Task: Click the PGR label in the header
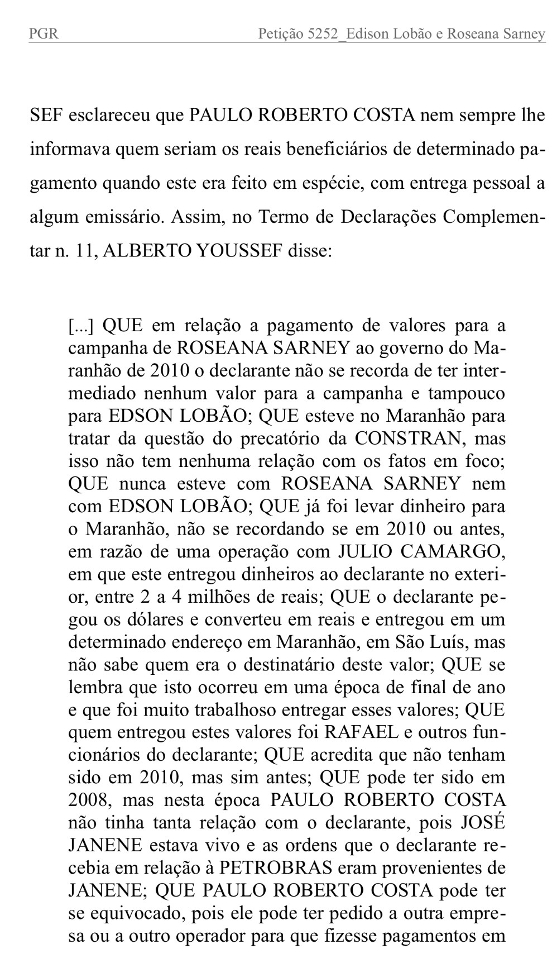[x=44, y=35]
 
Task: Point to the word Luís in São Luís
[x=447, y=642]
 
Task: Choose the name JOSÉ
[x=483, y=823]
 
